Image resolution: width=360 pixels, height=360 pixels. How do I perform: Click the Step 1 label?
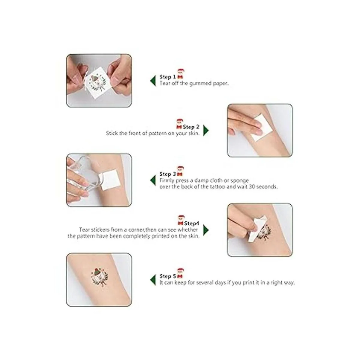click(x=168, y=77)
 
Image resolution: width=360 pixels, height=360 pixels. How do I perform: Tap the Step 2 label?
click(x=191, y=127)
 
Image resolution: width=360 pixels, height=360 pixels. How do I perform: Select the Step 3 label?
click(x=168, y=174)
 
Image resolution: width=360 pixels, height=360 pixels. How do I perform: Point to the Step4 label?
click(x=192, y=223)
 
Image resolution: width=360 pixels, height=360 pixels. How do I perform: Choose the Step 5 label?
click(x=168, y=276)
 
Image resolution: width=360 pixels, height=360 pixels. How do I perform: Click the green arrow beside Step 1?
click(x=153, y=81)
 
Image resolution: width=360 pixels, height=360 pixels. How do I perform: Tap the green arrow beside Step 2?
click(x=206, y=130)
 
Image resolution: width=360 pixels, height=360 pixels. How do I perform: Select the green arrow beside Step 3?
click(x=153, y=180)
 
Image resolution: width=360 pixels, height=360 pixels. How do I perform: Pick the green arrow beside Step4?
click(x=206, y=230)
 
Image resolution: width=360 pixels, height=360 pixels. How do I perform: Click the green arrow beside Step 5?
click(x=153, y=280)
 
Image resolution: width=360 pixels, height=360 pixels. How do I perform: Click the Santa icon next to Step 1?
click(x=181, y=74)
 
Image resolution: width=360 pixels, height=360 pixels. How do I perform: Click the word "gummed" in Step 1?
click(x=200, y=83)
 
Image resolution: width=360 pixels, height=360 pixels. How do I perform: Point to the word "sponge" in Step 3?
click(x=240, y=181)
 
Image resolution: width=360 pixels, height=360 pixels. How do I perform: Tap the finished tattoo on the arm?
click(x=99, y=277)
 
